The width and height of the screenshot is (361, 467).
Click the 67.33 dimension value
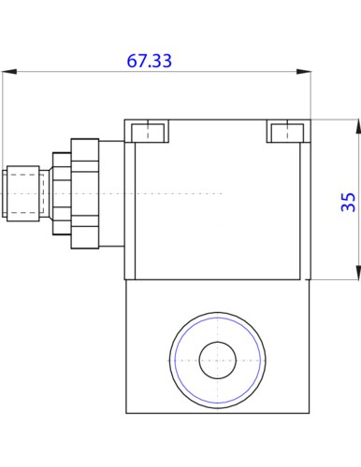click(149, 61)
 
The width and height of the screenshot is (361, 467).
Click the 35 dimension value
click(348, 203)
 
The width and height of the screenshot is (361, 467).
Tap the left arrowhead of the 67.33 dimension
click(9, 72)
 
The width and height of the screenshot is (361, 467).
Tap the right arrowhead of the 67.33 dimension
click(304, 72)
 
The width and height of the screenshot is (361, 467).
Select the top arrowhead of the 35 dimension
click(358, 127)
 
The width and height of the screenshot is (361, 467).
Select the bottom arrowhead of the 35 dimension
click(358, 273)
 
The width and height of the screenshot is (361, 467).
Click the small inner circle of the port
click(218, 361)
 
